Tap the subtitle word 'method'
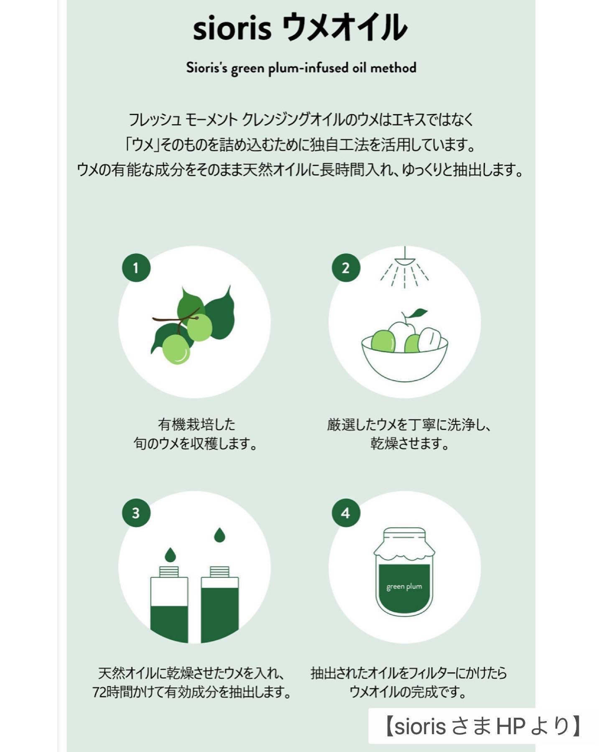pos(393,68)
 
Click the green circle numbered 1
pos(136,268)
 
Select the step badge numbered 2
pos(346,268)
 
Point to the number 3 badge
pos(136,513)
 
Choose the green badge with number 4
pos(346,513)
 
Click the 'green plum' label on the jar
pos(404,586)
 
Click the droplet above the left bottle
pos(170,555)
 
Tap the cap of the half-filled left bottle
pos(169,571)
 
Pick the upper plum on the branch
pos(199,327)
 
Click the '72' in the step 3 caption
pos(99,692)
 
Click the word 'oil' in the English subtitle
pos(359,68)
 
